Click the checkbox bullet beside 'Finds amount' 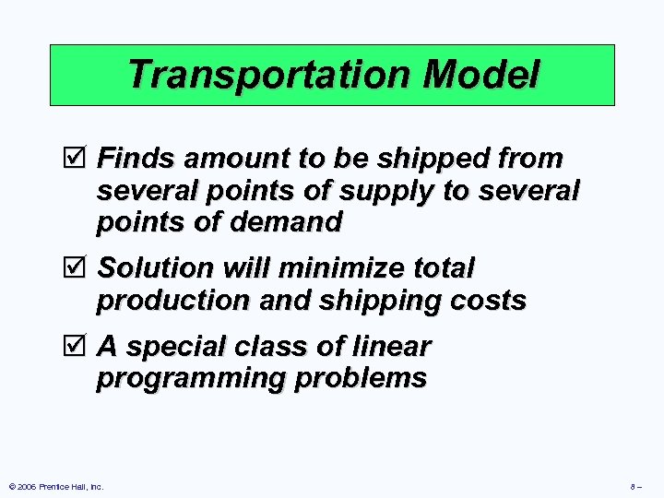(x=78, y=159)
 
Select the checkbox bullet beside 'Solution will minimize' (x=78, y=268)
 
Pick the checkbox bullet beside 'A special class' (x=78, y=347)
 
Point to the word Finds (x=137, y=159)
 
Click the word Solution (x=156, y=268)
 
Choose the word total (x=445, y=268)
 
